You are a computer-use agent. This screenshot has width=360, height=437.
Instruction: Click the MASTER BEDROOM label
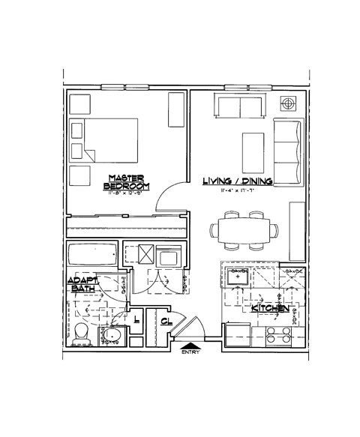coord(126,181)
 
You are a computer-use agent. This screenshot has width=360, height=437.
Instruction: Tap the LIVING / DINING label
coord(237,181)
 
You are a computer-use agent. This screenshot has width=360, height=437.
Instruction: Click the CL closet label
coord(165,321)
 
